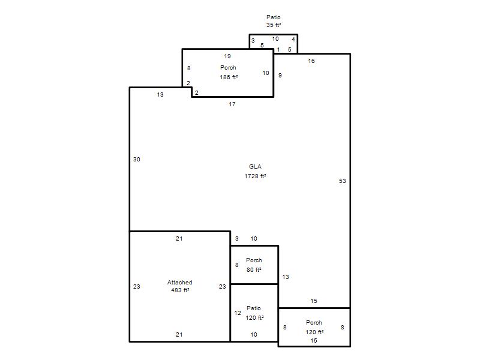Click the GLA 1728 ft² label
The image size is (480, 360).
(255, 171)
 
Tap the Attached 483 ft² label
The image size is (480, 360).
(179, 286)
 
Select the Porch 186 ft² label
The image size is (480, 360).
(229, 72)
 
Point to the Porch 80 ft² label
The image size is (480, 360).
(254, 265)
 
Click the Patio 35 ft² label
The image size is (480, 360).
(274, 21)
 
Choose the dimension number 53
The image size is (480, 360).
(342, 181)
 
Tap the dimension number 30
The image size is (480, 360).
(137, 159)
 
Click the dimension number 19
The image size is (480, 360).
(227, 56)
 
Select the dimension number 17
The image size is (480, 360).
(232, 104)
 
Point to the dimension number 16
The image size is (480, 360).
(311, 61)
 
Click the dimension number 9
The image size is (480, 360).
(280, 76)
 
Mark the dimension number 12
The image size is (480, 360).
(238, 313)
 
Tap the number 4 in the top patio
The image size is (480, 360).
(293, 39)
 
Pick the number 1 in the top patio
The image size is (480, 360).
(278, 50)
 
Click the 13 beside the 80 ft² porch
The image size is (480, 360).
(286, 277)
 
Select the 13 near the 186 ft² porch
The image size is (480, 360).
(160, 95)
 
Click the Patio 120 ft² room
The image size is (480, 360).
(254, 313)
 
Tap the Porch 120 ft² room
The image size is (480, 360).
(314, 327)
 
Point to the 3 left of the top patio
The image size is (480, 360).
(253, 40)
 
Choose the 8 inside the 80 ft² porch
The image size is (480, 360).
(236, 265)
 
